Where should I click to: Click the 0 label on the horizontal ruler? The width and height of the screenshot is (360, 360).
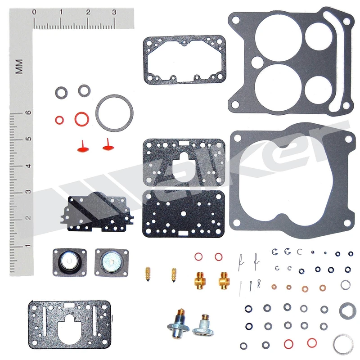[34, 12]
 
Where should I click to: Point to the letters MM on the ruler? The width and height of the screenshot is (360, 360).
[19, 67]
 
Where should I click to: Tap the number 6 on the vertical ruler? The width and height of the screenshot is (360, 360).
[28, 112]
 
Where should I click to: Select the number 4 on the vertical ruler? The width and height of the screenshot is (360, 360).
[28, 166]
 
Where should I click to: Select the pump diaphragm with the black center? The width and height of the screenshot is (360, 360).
[70, 262]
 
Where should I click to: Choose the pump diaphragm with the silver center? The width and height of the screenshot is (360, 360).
[112, 262]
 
